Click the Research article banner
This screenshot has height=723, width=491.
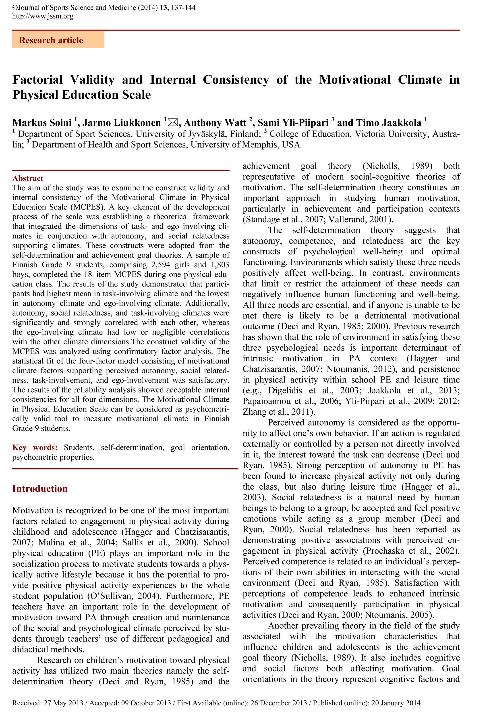point(58,40)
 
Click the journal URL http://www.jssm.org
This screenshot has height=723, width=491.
point(43,16)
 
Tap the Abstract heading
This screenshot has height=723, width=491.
point(28,178)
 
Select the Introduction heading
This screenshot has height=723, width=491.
point(40,488)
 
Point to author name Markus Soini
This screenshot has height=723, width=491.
point(42,123)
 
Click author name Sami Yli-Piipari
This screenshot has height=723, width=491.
point(293,123)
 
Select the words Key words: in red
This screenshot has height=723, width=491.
point(35,447)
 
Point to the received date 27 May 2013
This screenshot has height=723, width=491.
point(63,703)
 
